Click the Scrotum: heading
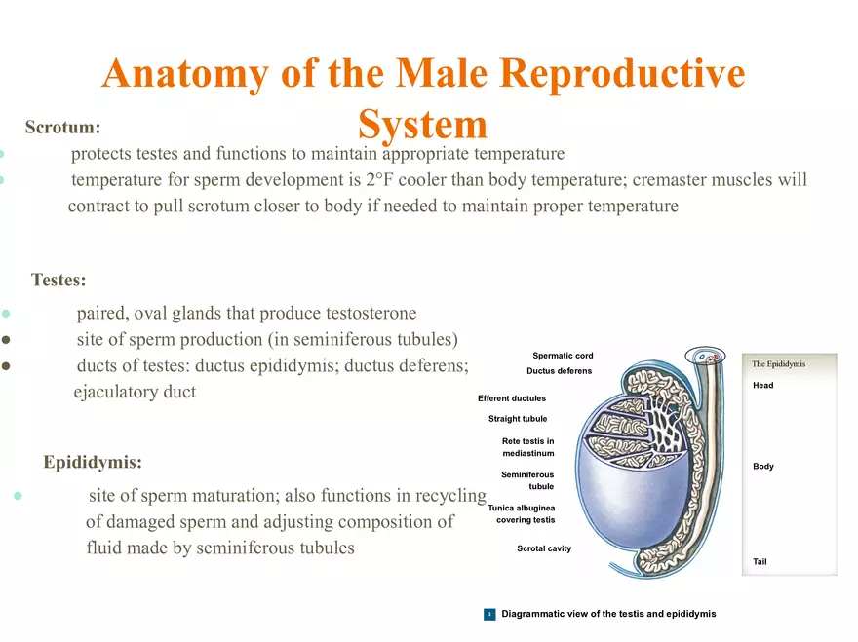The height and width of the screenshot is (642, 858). (62, 128)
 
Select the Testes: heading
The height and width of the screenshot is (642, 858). (58, 281)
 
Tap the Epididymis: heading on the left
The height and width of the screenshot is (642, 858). (93, 462)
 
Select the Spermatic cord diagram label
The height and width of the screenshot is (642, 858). (563, 356)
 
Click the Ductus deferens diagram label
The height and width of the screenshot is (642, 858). (559, 371)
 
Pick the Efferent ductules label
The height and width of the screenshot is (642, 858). (512, 398)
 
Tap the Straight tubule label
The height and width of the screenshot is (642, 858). (518, 419)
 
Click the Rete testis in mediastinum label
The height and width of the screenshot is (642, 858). (528, 447)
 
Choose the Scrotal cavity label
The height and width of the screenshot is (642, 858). (544, 548)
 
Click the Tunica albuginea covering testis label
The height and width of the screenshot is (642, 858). (522, 513)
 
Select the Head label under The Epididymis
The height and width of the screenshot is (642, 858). (763, 386)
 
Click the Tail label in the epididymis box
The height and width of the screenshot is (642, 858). (760, 562)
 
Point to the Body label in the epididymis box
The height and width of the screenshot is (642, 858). (763, 467)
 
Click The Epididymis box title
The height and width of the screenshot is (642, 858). (778, 364)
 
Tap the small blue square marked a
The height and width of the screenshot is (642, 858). (489, 614)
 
